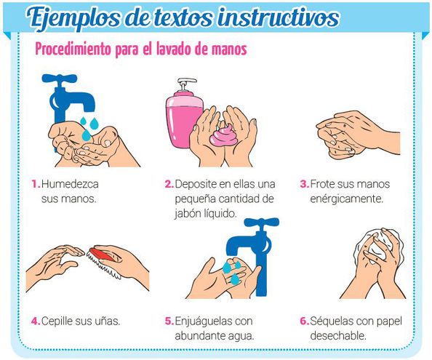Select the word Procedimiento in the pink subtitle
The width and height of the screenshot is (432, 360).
73,49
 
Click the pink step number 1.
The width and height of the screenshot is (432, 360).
36,184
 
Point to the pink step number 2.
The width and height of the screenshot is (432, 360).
169,184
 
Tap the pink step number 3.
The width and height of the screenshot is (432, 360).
305,184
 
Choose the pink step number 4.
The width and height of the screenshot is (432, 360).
36,321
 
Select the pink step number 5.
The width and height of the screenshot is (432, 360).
169,321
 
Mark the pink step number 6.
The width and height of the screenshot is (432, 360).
305,321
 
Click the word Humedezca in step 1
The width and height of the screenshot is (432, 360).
70,184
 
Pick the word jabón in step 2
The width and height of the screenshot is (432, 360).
188,214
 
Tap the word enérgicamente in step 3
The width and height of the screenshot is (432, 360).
347,199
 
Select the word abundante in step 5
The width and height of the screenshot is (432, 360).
200,336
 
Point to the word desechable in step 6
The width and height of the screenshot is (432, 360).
338,336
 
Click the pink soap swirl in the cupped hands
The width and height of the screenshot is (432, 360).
224,135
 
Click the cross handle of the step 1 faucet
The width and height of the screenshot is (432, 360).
60,79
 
